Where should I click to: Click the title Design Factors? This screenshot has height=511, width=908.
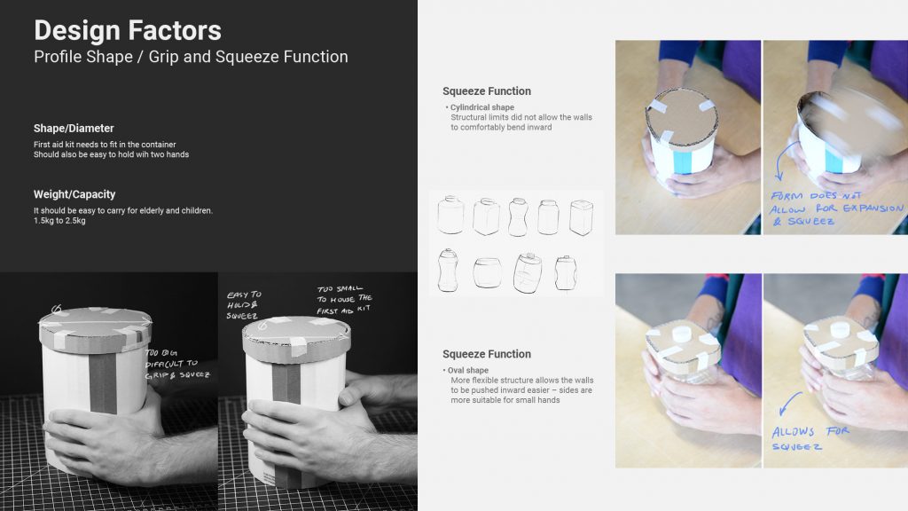pos(128,30)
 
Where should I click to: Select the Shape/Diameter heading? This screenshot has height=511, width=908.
pos(74,128)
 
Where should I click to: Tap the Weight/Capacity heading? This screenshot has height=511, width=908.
pos(74,194)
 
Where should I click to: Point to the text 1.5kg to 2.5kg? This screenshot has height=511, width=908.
pos(59,221)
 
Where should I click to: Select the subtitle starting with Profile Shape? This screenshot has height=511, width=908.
pos(192,57)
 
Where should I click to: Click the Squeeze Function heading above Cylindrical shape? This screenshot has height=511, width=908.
pos(487,91)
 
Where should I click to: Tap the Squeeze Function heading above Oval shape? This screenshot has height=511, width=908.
pos(487,354)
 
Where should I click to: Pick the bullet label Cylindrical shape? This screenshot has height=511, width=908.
pos(481,107)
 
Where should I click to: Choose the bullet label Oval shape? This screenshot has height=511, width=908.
pos(468,370)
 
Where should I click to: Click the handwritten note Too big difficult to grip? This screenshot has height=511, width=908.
pos(177,364)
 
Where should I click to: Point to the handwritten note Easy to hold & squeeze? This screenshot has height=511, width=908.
pos(244,305)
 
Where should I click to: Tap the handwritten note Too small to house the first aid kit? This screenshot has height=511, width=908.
pos(345,300)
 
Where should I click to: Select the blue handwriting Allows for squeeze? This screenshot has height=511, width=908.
pos(810,439)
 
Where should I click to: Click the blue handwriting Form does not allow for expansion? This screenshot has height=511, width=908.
pos(836,208)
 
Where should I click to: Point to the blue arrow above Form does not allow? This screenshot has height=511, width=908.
pos(784,160)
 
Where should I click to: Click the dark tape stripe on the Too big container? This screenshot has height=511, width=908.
pos(103,383)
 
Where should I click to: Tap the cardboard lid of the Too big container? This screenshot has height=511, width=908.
pos(96,328)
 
